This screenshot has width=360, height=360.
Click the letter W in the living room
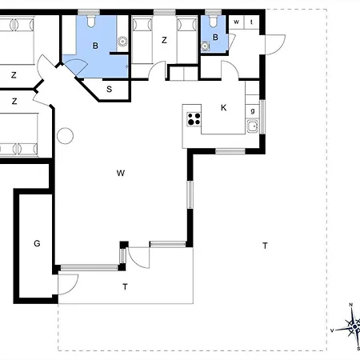[121, 173]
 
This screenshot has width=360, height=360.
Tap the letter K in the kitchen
[224, 108]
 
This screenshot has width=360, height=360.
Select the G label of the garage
[37, 243]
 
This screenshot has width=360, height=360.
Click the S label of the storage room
[109, 89]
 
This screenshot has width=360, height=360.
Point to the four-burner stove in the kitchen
[194, 119]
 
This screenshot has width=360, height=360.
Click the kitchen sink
[252, 126]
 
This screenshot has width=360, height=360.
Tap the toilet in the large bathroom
[91, 21]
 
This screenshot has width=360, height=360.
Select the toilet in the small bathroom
[213, 21]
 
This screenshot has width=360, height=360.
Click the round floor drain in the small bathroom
[205, 46]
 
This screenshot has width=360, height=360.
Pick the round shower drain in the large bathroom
[122, 42]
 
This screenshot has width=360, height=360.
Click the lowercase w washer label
[236, 22]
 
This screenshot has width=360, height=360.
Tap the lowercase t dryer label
[251, 22]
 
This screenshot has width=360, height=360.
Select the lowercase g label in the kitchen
[253, 110]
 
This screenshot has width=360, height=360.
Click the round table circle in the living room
[65, 136]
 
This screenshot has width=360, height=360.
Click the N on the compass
[351, 305]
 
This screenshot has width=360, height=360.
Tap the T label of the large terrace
[265, 246]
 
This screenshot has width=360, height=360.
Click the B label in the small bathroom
[215, 38]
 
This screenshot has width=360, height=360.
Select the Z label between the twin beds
[164, 40]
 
